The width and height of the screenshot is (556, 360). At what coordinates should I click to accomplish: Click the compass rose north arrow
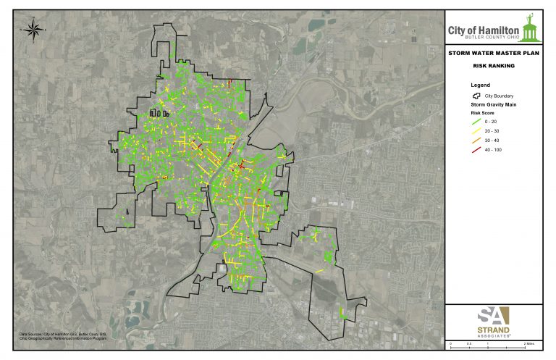pos(32,29)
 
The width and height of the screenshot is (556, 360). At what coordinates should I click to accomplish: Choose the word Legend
pos(471,85)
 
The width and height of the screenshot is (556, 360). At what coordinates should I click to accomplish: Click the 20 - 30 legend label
pos(492,131)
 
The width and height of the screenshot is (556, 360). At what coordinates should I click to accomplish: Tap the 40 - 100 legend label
pos(493,148)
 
